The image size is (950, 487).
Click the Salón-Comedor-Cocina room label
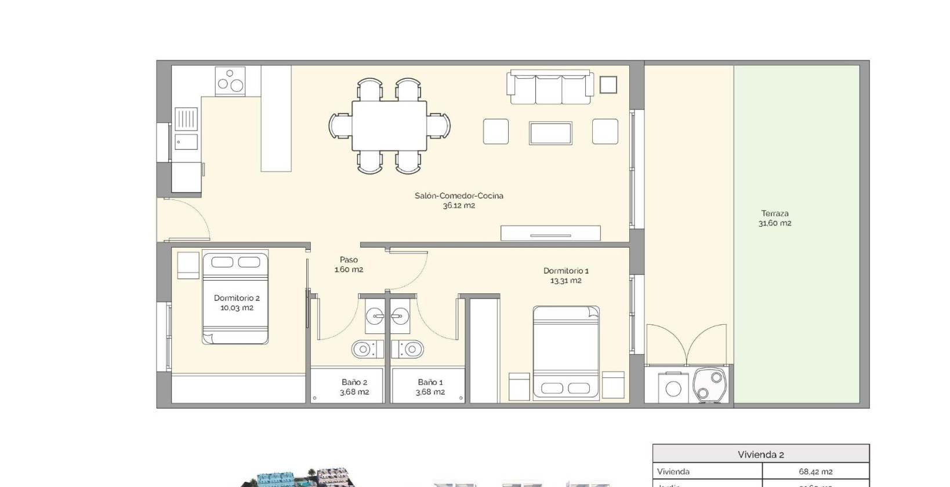click(x=459, y=201)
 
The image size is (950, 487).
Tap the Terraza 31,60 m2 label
click(x=775, y=218)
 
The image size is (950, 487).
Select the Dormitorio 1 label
click(x=565, y=275)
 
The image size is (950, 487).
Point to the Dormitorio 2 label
click(x=237, y=303)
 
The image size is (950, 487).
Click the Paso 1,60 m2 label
click(x=349, y=264)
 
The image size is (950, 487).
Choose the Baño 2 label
click(x=354, y=387)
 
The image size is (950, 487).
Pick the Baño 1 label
click(x=430, y=387)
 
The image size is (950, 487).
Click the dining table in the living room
click(x=389, y=126)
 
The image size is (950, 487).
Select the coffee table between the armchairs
click(x=550, y=133)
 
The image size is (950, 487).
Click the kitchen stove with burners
click(x=230, y=81)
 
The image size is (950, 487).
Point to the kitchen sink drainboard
click(x=186, y=119)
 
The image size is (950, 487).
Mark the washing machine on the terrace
click(x=673, y=388)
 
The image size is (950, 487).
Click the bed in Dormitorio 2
click(x=235, y=297)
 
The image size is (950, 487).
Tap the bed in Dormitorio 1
click(x=565, y=352)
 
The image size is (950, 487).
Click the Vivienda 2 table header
click(x=760, y=454)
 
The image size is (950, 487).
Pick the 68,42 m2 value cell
click(x=815, y=471)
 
